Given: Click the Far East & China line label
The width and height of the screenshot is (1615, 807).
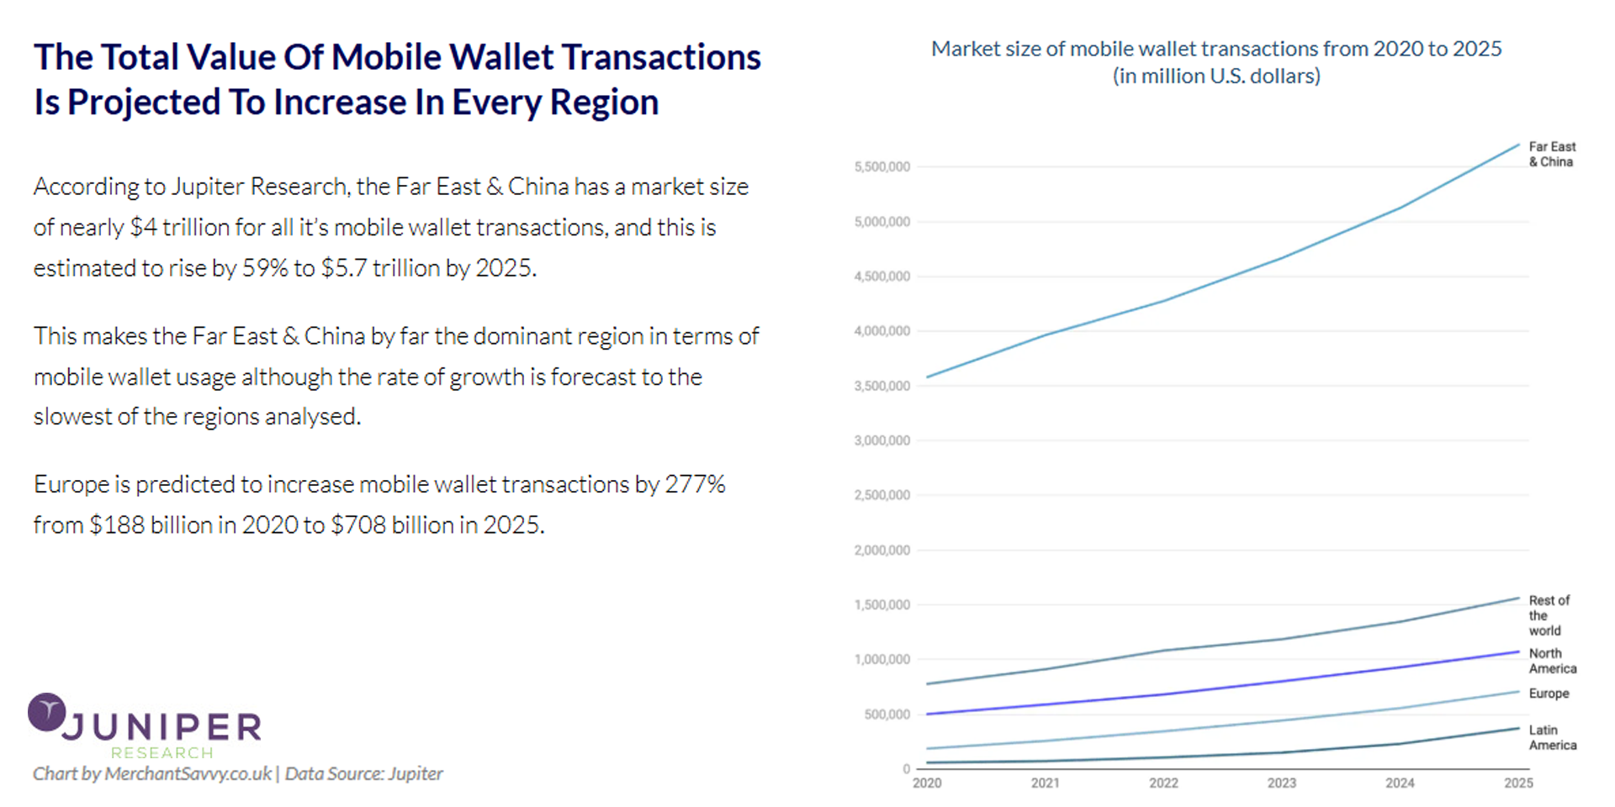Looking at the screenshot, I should pos(1552,154).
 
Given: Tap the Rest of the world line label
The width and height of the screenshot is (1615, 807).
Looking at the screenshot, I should pos(1549,615).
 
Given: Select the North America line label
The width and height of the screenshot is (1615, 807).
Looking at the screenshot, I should pos(1552,661).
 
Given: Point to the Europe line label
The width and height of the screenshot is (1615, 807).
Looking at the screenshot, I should pos(1549,694).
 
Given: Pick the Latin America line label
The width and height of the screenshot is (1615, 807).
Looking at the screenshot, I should pos(1552,737).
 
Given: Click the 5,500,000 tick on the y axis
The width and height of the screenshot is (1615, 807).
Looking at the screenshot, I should pos(882,167).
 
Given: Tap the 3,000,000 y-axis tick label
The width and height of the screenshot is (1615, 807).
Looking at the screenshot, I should pos(882,440).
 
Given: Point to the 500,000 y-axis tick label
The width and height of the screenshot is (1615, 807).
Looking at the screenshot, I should pos(887,715).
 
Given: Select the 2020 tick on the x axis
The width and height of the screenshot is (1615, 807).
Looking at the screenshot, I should pos(927,783).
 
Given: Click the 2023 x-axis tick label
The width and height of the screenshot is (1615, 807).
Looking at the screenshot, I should pos(1281,783).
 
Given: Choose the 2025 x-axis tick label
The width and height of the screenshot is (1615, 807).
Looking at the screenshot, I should pos(1518,783).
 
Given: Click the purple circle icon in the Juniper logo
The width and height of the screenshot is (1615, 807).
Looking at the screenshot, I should pos(46,712).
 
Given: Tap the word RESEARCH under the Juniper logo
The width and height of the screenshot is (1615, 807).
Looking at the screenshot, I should pos(162,752).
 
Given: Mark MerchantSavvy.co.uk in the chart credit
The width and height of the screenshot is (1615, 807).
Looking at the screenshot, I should pos(188,773).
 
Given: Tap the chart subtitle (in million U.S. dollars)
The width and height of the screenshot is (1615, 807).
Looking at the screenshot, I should pos(1216,76).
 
